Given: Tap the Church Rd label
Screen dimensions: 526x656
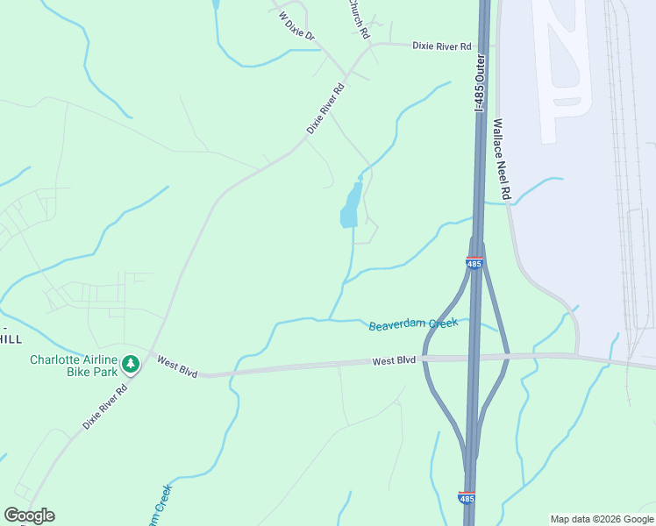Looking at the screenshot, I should (357, 18).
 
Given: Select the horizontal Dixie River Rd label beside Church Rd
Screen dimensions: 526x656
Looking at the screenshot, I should (442, 46).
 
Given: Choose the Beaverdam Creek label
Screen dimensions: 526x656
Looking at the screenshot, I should (413, 323).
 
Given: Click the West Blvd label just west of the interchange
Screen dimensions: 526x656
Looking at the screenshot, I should (393, 360).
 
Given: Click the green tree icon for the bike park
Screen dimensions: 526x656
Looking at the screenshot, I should (131, 363).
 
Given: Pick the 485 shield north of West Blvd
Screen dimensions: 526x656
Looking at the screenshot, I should (474, 263).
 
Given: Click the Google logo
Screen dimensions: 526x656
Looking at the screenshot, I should (29, 515).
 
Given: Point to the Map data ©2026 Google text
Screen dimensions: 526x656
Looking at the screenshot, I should (602, 519).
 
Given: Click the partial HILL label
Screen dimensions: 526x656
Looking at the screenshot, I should (11, 339).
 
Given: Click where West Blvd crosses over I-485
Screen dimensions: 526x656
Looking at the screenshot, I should (474, 357).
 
